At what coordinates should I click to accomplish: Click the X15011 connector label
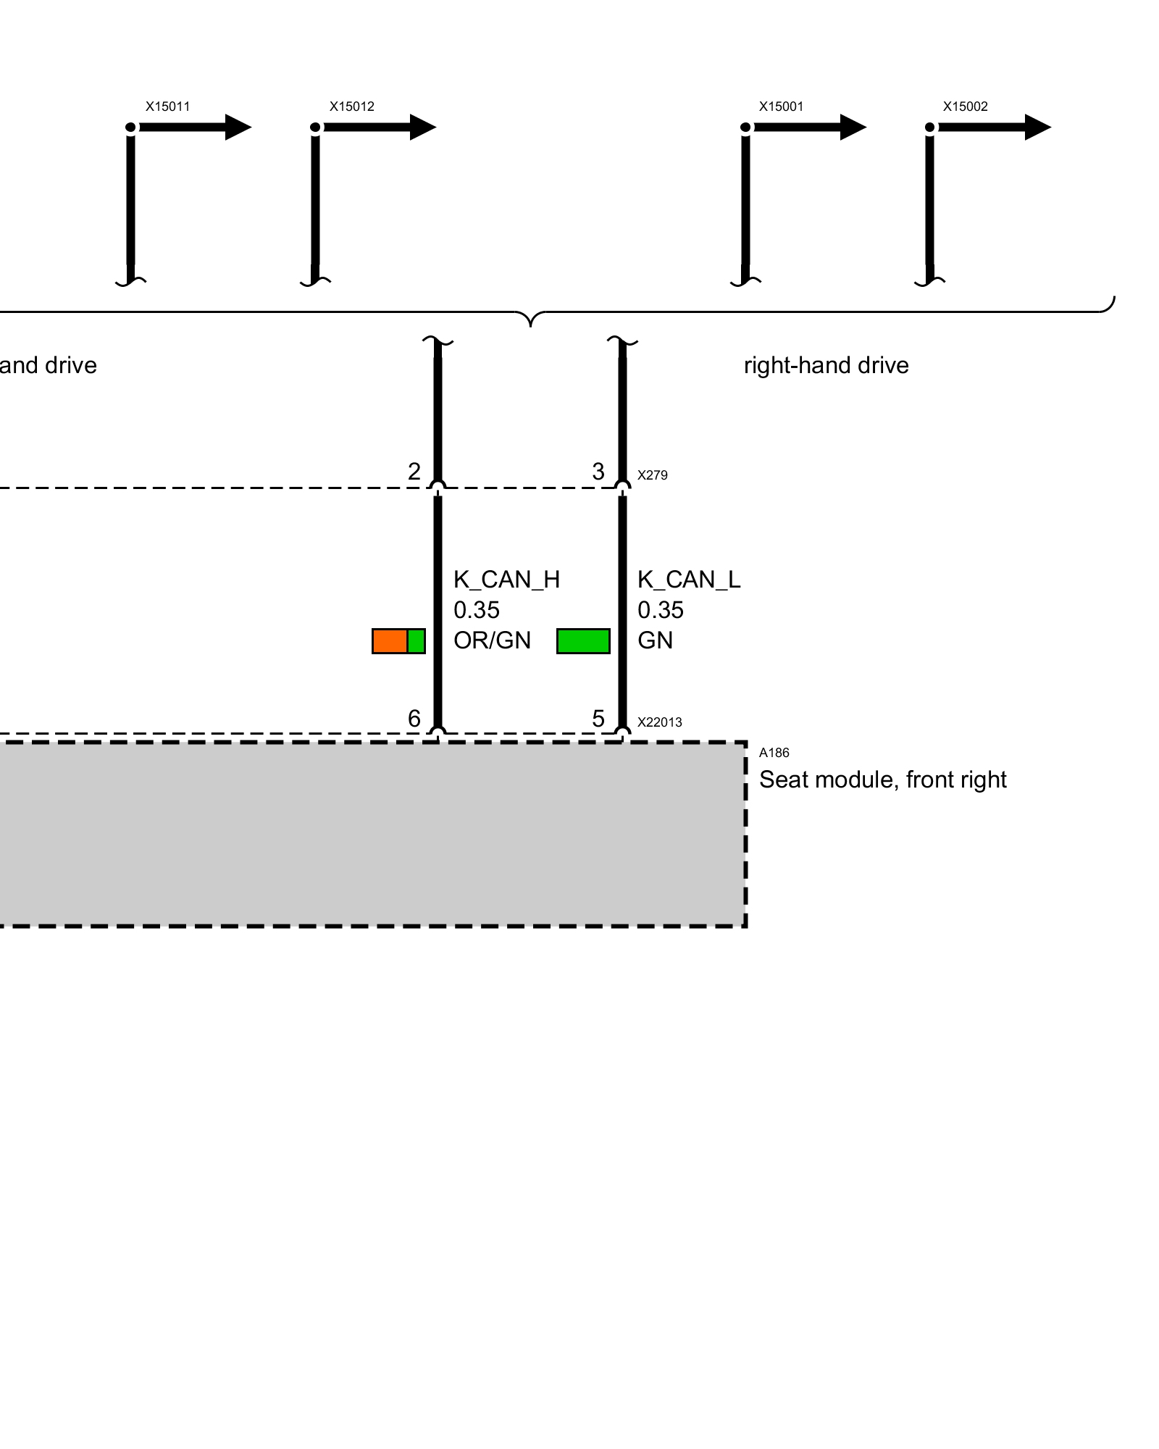click(x=167, y=107)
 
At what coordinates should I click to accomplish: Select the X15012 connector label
click(x=351, y=107)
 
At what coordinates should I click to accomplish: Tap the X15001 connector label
click(x=781, y=107)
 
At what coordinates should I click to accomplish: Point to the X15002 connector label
click(x=965, y=107)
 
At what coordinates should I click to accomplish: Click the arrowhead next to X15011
click(x=238, y=128)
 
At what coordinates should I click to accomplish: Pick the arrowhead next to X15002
click(x=1037, y=128)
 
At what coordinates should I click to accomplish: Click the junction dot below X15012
click(x=315, y=128)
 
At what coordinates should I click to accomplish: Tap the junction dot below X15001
click(x=745, y=128)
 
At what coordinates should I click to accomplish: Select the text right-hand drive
click(x=826, y=365)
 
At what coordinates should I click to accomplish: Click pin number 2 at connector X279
click(x=414, y=472)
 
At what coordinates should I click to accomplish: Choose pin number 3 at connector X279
click(x=598, y=472)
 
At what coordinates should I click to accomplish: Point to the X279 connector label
click(x=652, y=475)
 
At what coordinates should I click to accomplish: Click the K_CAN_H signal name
click(x=506, y=580)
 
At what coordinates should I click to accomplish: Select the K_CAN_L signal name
click(x=688, y=580)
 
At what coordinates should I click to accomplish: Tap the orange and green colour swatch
click(x=398, y=641)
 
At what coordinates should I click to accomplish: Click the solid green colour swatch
click(x=583, y=641)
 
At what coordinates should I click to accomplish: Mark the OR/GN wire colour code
click(x=492, y=640)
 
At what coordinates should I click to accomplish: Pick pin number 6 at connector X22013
click(x=414, y=719)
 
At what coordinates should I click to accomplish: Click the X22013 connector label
click(x=659, y=722)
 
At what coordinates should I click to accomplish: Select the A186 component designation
click(x=774, y=753)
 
